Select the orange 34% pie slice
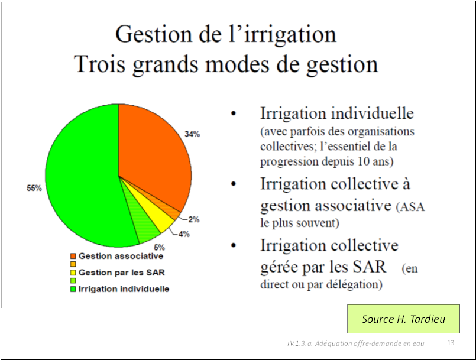tap(152, 158)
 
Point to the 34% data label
tap(192, 134)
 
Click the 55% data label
tap(34, 188)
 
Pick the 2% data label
tap(194, 219)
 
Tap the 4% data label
tap(184, 234)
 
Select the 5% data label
tap(159, 247)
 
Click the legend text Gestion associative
tap(121, 256)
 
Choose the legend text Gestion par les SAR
tap(121, 273)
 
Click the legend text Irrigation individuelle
tap(124, 288)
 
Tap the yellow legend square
tap(73, 273)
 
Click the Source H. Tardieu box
tap(403, 319)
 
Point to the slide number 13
tap(451, 343)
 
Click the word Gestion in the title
tap(154, 34)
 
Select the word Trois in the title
tap(100, 64)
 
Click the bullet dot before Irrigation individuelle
tap(233, 113)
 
